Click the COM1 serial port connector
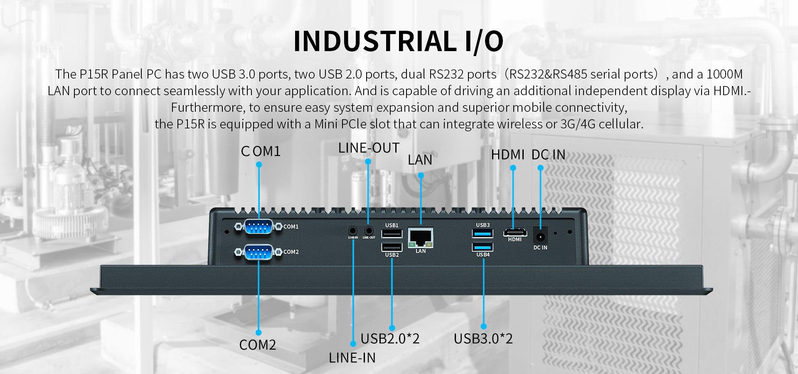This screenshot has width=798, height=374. (x=259, y=227)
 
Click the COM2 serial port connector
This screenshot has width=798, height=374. (x=259, y=252)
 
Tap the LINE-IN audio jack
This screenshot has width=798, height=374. (x=353, y=230)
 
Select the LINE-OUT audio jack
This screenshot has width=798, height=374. (x=368, y=230)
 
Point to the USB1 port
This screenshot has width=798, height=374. (x=392, y=233)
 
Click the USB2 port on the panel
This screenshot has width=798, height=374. (x=392, y=247)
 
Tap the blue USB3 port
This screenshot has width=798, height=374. (x=483, y=233)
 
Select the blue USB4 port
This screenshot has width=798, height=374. (x=483, y=247)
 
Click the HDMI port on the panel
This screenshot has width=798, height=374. (x=515, y=231)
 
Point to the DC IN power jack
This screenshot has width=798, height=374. (x=540, y=236)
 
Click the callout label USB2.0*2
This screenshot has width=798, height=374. (x=390, y=339)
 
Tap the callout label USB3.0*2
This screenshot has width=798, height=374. (x=483, y=339)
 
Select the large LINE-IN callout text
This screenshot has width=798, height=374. (x=352, y=358)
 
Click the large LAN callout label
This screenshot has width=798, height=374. (x=420, y=160)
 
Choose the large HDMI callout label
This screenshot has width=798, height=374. (x=507, y=155)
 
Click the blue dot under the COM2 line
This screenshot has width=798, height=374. (x=259, y=332)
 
